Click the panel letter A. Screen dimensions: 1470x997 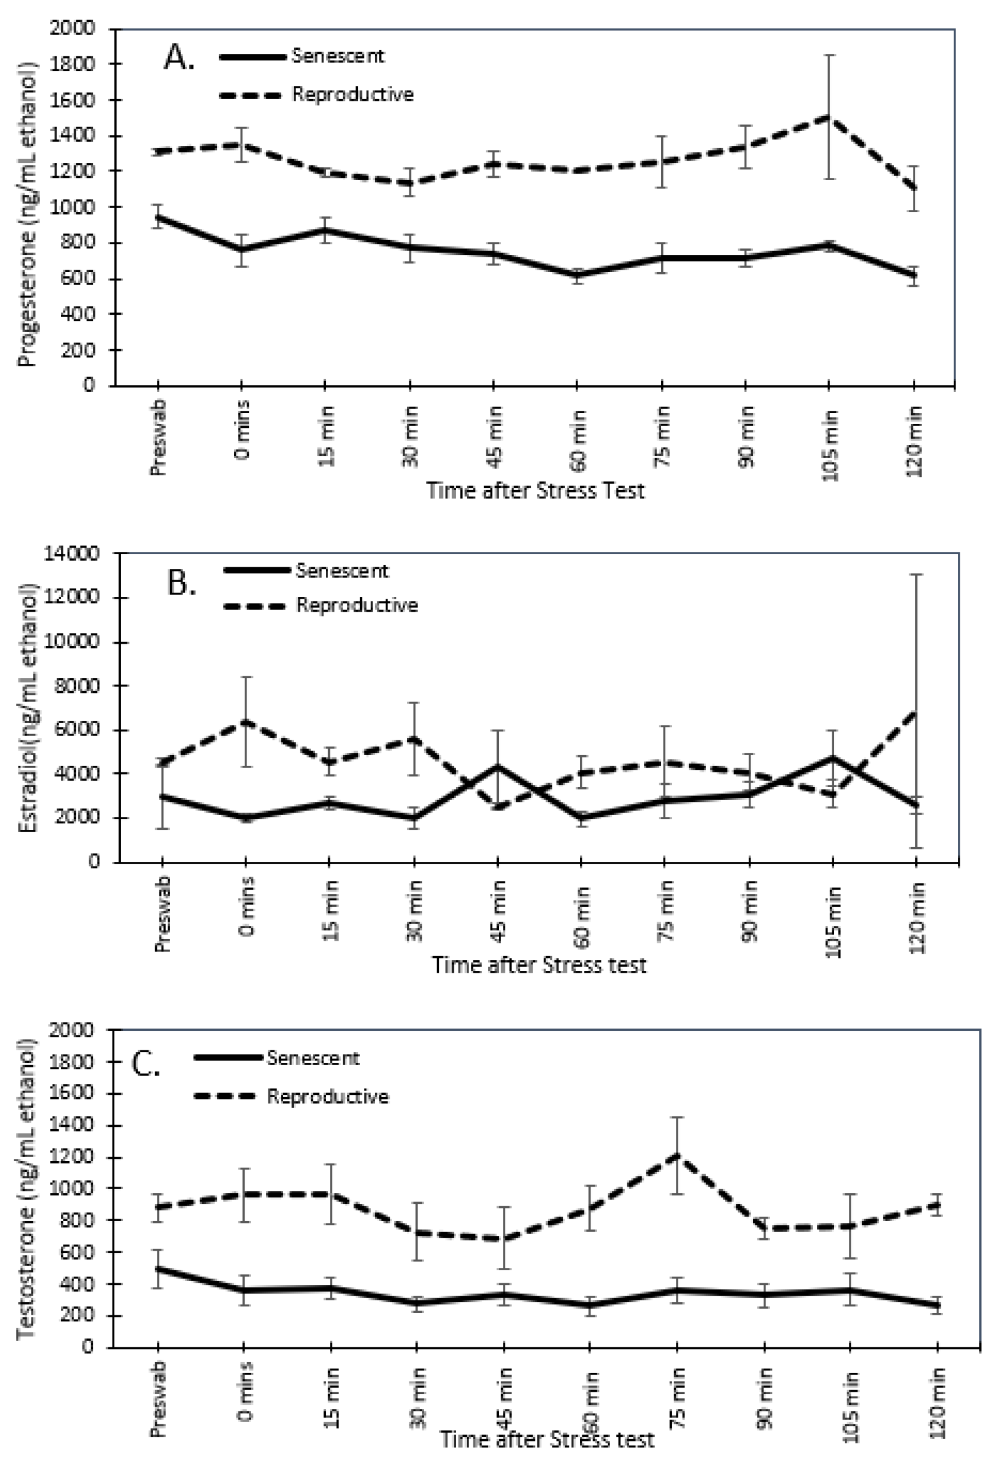179,58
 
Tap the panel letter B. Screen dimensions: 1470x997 182,583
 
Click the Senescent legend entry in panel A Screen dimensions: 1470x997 338,56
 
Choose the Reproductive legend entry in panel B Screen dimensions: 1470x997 357,605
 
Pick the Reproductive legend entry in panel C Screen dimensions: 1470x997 328,1096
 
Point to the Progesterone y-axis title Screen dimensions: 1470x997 27,215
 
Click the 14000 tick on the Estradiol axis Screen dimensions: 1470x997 72,554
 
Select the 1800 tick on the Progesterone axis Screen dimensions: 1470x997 75,64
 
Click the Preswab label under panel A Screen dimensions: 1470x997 158,436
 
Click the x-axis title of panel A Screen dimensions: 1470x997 536,491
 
